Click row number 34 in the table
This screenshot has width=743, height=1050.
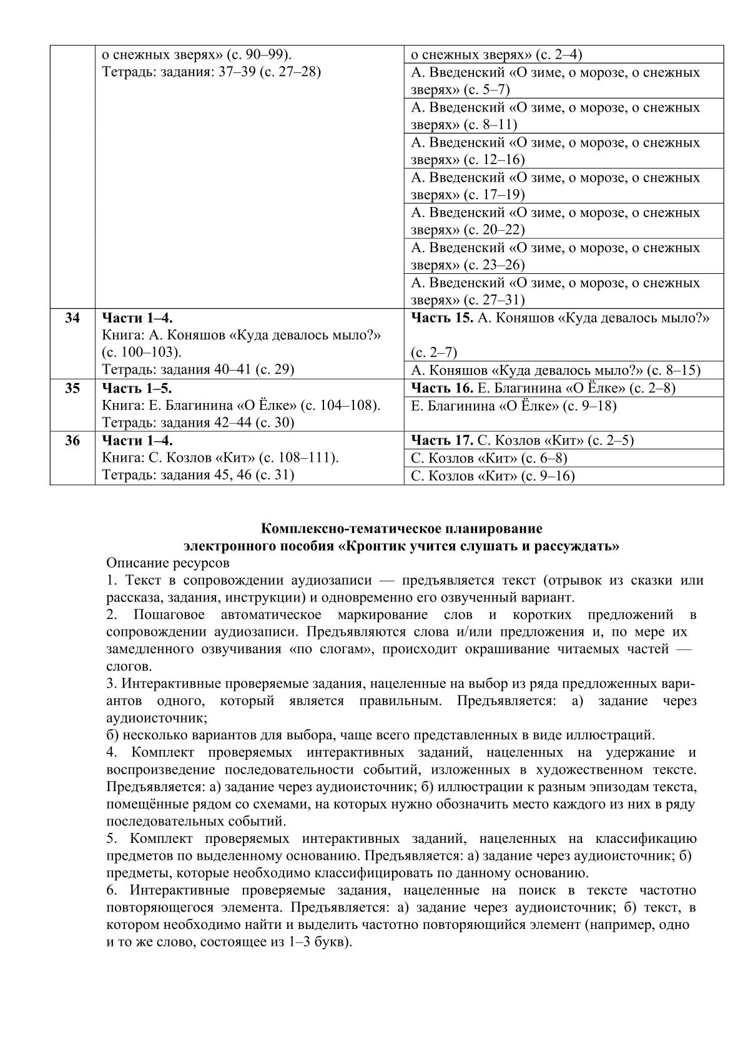[x=72, y=318]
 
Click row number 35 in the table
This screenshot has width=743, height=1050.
[x=72, y=388]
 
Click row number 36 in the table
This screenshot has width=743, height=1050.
[x=72, y=440]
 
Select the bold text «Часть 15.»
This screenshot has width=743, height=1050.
[x=442, y=318]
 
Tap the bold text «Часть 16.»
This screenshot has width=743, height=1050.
[x=442, y=388]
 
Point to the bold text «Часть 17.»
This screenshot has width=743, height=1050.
[x=442, y=440]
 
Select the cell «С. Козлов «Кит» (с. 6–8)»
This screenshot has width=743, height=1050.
[x=489, y=459]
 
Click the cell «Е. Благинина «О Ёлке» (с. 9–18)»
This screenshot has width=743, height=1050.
[x=513, y=406]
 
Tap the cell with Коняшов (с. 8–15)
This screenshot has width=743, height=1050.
[x=556, y=371]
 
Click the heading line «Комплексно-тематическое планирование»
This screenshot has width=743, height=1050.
[x=401, y=529]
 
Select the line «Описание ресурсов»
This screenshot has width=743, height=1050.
[x=168, y=563]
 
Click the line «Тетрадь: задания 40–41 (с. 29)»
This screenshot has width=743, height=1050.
[x=198, y=369]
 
